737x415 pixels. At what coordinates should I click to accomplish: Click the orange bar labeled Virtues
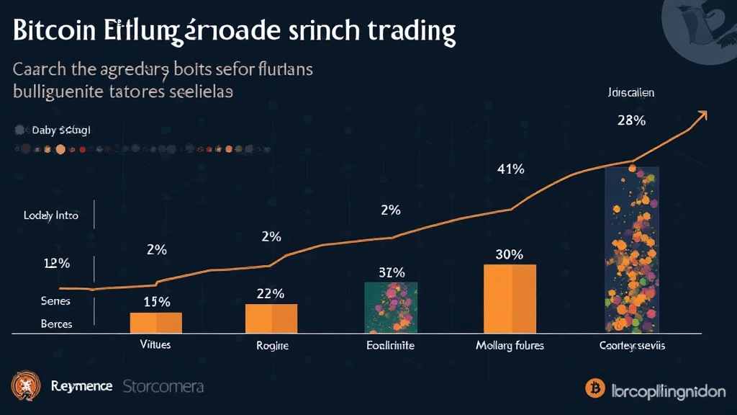point(155,322)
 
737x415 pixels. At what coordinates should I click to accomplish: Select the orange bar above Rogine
point(271,318)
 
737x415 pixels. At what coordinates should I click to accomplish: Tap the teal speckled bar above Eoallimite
point(391,307)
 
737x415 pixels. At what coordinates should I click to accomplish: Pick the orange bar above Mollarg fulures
point(510,298)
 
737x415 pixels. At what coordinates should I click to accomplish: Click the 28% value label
point(631,120)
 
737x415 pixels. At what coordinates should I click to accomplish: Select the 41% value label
point(510,169)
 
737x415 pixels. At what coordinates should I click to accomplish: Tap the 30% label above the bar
point(510,254)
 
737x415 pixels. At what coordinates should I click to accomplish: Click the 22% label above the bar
point(270,293)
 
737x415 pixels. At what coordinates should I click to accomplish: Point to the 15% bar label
point(156,302)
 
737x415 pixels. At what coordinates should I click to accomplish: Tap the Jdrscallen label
point(630,93)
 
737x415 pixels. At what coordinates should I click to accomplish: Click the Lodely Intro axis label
point(50,215)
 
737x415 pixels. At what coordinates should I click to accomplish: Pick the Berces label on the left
point(56,324)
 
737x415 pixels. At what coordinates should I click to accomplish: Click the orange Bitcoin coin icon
point(594,388)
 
